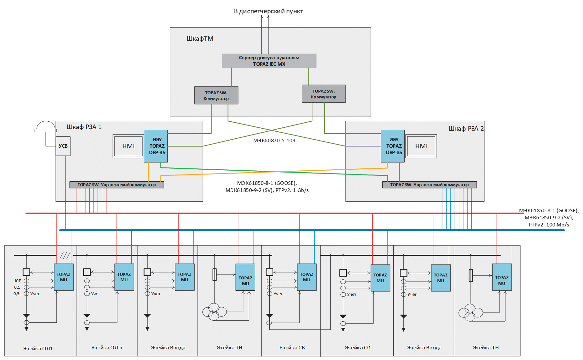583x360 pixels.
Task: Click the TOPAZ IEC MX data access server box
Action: (x=269, y=61)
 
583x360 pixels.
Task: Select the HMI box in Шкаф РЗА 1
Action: (x=128, y=146)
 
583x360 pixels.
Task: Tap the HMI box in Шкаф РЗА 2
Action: (x=421, y=146)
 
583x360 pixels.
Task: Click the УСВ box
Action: (x=63, y=146)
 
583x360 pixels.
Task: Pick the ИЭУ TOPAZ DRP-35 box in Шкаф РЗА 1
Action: (x=156, y=146)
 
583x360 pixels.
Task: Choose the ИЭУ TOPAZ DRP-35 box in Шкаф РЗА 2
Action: (x=393, y=146)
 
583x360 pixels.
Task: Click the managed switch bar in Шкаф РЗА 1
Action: (x=117, y=185)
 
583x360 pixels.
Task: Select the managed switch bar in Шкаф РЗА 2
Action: (x=429, y=185)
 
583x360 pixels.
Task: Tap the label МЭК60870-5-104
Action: (x=274, y=141)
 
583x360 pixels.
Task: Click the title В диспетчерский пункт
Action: (x=268, y=11)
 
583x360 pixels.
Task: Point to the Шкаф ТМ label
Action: (x=200, y=39)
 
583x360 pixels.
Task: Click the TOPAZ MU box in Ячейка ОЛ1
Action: (x=64, y=277)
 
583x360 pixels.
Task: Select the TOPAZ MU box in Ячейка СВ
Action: (x=307, y=277)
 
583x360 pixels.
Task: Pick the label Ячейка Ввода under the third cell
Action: (x=168, y=348)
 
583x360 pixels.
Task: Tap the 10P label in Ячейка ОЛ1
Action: (x=17, y=281)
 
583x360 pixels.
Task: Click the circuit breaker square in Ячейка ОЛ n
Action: (x=87, y=272)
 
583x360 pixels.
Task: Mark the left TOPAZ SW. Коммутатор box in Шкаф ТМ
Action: (x=216, y=95)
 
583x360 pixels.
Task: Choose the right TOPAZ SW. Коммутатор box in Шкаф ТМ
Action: (x=324, y=94)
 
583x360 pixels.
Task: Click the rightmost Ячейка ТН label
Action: (x=486, y=348)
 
